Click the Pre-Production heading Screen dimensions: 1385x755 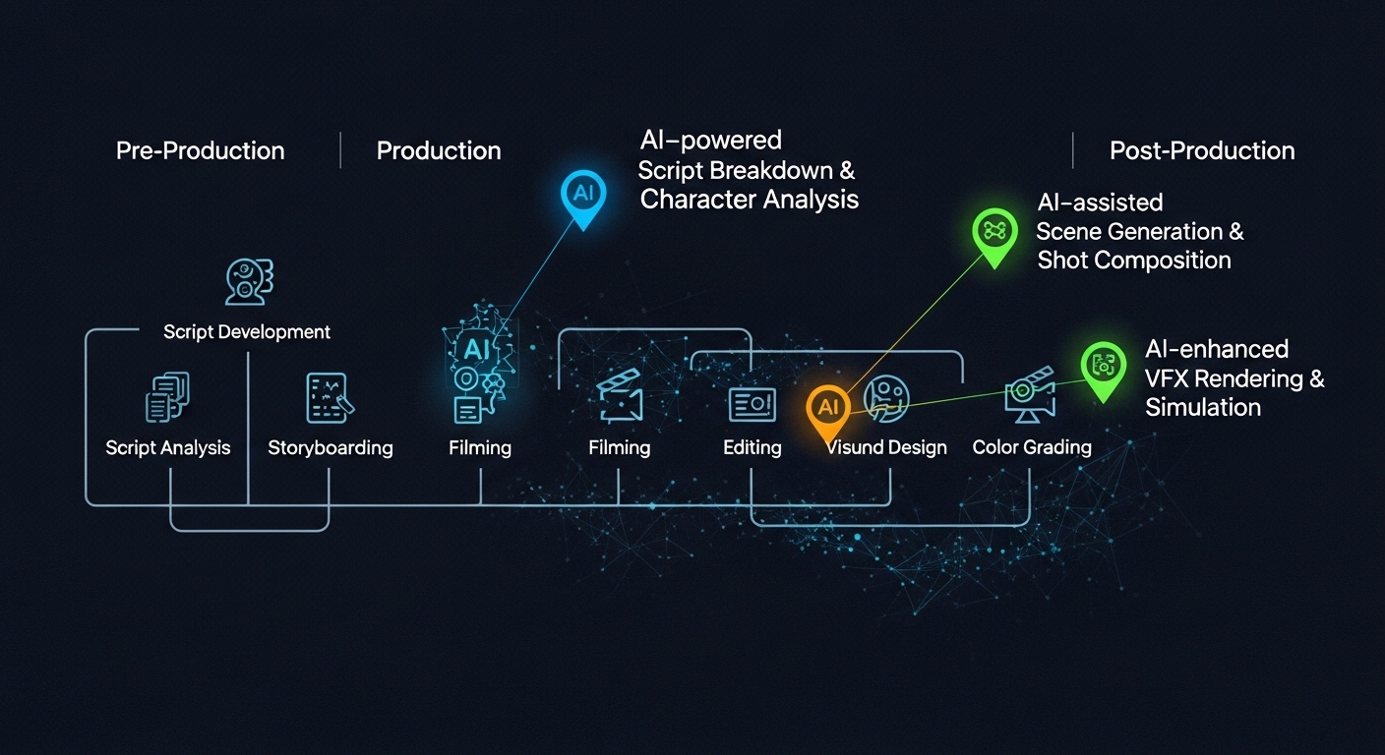201,150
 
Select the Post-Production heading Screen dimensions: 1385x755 1202,150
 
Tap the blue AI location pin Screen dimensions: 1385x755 583,197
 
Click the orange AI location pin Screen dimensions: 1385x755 828,410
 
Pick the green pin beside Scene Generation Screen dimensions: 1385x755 994,235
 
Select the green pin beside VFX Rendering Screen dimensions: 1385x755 1104,369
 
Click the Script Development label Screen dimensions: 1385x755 247,331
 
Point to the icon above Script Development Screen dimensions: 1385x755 249,282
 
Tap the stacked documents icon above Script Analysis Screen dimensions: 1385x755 167,397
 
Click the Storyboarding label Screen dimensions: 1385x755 331,447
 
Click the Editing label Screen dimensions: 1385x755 752,447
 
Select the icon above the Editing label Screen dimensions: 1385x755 752,405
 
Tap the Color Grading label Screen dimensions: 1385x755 1032,447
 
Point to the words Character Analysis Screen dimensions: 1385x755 749,200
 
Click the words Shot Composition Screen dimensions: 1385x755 1134,261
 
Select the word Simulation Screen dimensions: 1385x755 1203,408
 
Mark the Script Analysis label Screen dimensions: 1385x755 168,447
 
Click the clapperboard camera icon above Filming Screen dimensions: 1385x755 620,396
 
